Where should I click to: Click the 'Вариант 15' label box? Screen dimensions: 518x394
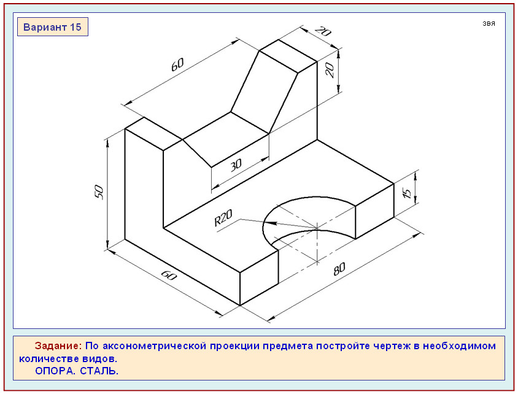[x=53, y=27]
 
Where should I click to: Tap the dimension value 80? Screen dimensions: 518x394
[x=339, y=269]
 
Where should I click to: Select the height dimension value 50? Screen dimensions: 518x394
[x=99, y=192]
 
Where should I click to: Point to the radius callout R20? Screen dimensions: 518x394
[x=223, y=218]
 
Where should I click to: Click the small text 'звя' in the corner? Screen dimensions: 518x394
[x=489, y=23]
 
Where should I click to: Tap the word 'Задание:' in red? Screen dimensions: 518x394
[x=58, y=346]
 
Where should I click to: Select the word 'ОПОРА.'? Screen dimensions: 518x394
[x=55, y=371]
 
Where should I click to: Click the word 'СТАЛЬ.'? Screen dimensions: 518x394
[x=99, y=371]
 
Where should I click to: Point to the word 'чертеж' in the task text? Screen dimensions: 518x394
[x=392, y=346]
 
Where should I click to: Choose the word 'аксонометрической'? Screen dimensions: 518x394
[x=155, y=346]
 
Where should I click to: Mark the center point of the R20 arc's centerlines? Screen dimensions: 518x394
[x=317, y=228]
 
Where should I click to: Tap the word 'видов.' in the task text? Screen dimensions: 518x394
[x=100, y=358]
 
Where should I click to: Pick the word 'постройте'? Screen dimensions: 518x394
[x=343, y=346]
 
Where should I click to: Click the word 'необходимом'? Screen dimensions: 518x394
[x=460, y=346]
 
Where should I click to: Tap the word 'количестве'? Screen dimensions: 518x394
[x=49, y=358]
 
